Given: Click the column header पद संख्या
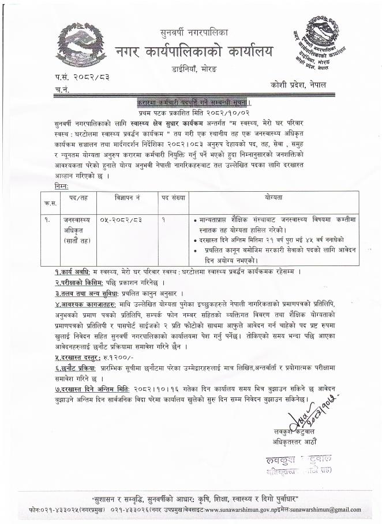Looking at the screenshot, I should [173, 198].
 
